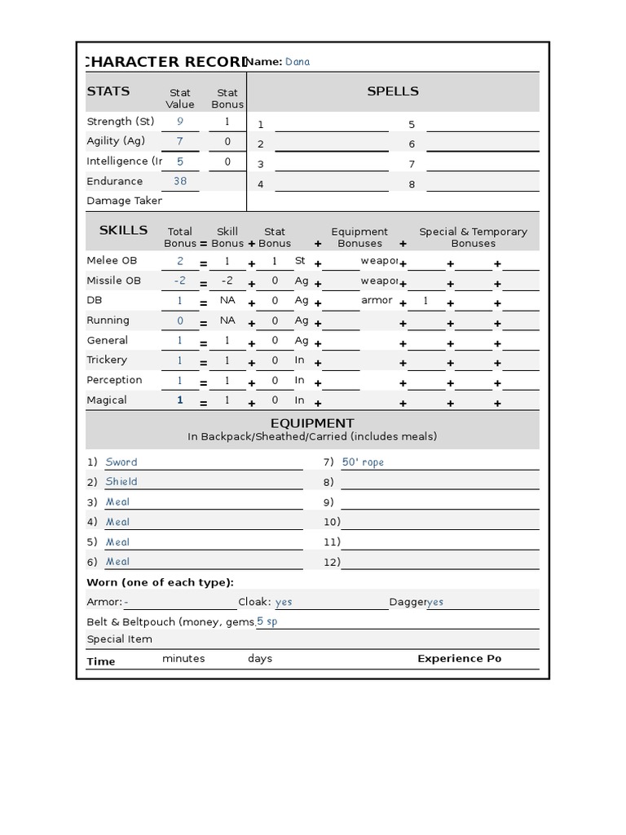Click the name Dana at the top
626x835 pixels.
[x=298, y=62]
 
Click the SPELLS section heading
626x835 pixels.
[x=393, y=91]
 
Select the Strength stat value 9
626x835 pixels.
[x=180, y=121]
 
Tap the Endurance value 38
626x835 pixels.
[x=180, y=181]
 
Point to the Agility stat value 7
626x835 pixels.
[x=180, y=141]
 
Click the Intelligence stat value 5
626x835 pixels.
[x=180, y=161]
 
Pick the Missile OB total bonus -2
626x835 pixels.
[x=180, y=281]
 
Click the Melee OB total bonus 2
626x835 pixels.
[x=180, y=261]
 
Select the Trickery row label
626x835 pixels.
[x=107, y=360]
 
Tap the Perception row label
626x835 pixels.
[x=114, y=380]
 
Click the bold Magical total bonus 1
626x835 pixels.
[x=180, y=400]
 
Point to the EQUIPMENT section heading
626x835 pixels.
[x=312, y=423]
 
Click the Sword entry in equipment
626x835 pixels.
[x=121, y=462]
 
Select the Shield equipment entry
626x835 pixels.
[x=121, y=482]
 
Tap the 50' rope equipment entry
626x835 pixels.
[x=363, y=462]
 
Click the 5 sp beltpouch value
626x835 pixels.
[x=267, y=621]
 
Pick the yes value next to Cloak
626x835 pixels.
[x=284, y=602]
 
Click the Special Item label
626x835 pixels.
[x=119, y=639]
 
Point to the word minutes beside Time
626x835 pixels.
[x=183, y=659]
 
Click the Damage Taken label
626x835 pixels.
[x=124, y=201]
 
